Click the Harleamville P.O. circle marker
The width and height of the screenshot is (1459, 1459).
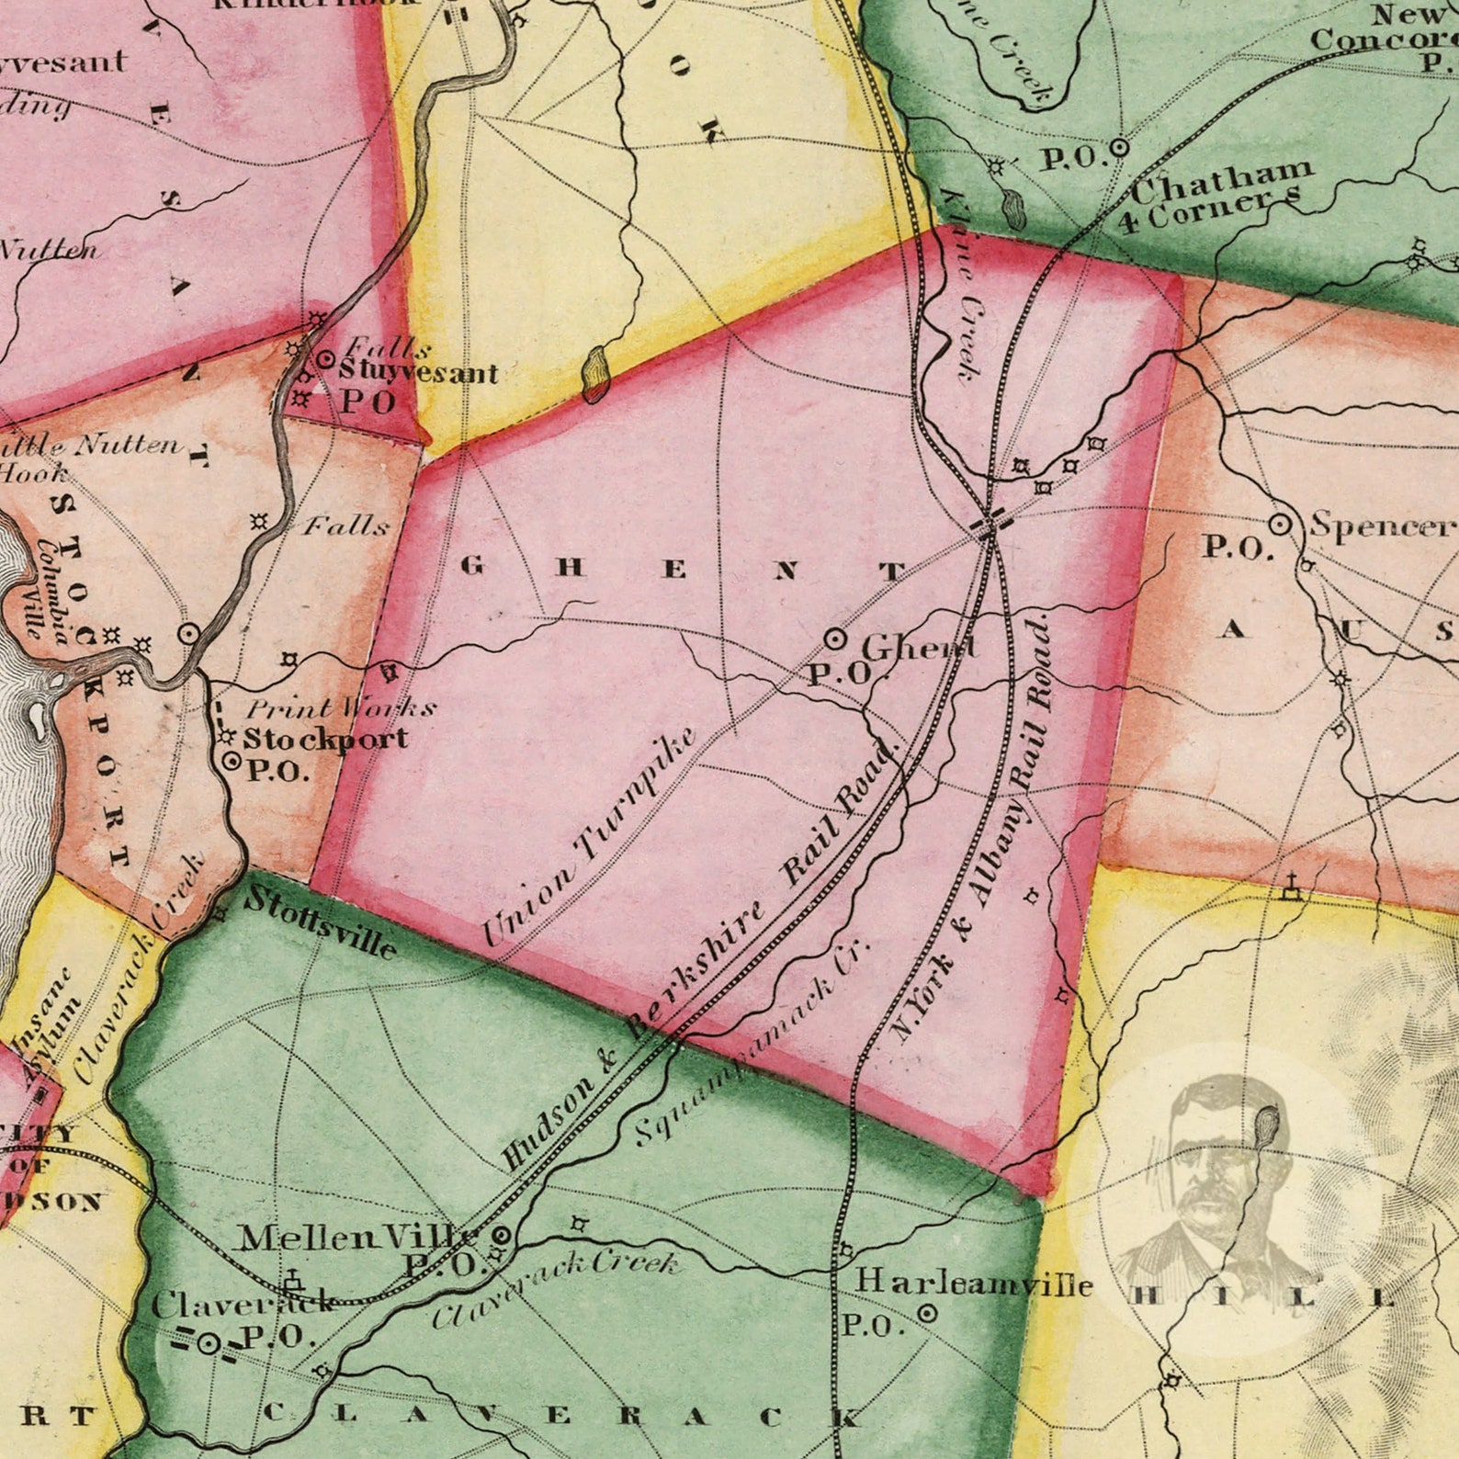tap(928, 1314)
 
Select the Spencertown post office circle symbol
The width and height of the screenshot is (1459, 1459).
tap(1280, 525)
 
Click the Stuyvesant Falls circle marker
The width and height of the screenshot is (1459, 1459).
tap(325, 360)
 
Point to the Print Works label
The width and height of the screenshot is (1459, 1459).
tap(341, 708)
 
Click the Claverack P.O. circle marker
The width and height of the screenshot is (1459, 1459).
tap(209, 1343)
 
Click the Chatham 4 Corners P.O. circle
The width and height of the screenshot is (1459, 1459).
tap(1119, 147)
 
